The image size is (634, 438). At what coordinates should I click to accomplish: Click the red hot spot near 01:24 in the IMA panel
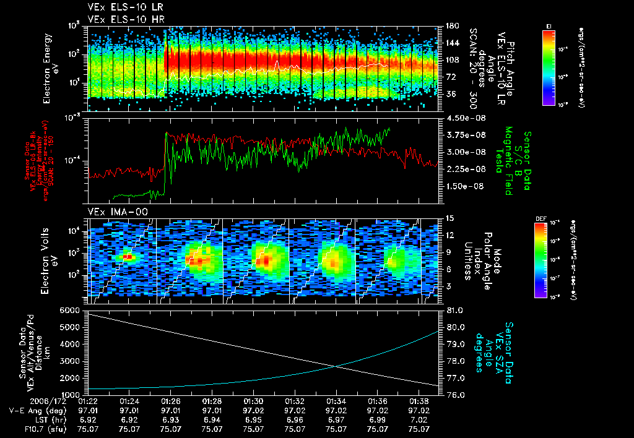[x=128, y=256]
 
